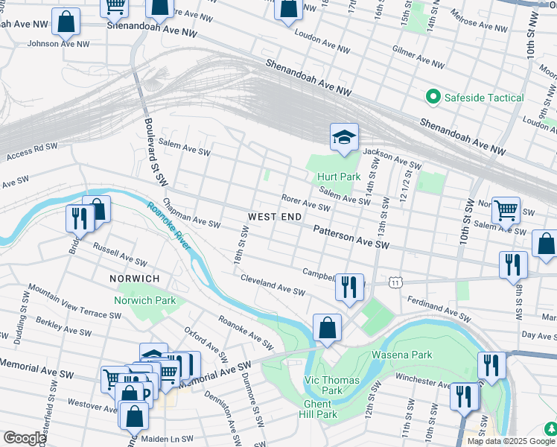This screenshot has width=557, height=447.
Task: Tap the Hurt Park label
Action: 338,177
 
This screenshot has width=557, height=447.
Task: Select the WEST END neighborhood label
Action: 275,217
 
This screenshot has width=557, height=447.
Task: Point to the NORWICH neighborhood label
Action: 135,278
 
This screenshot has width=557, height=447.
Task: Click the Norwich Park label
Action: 144,301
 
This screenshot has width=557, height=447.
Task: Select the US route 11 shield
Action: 396,282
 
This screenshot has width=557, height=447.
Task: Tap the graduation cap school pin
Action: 344,138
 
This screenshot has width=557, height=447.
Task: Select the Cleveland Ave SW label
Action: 273,284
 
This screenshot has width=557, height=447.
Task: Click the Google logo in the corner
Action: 24,438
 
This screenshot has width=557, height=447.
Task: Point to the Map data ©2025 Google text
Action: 510,441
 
